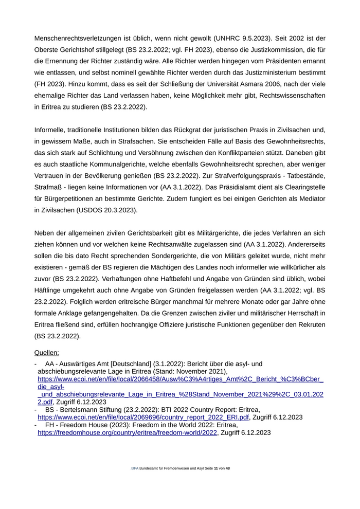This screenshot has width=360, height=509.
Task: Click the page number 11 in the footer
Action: click(216, 468)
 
